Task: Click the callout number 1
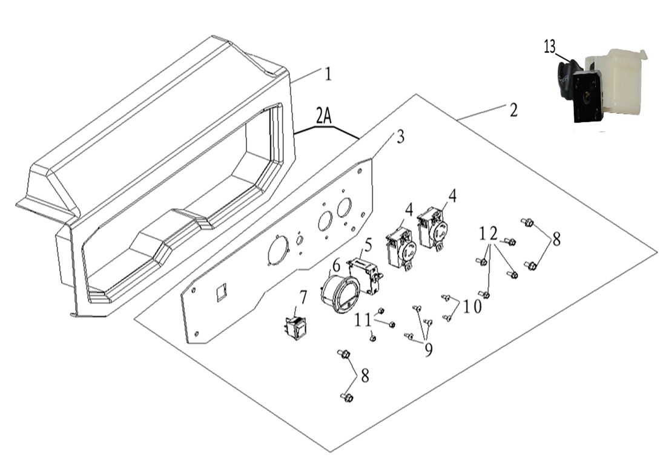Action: point(328,74)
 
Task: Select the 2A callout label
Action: point(323,116)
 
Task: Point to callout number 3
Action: point(400,137)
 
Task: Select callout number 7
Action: point(303,296)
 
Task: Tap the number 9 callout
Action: point(429,350)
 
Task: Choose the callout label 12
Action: point(488,234)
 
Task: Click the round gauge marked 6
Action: point(340,295)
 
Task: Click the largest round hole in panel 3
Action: point(277,251)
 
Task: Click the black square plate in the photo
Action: point(587,97)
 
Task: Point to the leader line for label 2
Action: point(481,112)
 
